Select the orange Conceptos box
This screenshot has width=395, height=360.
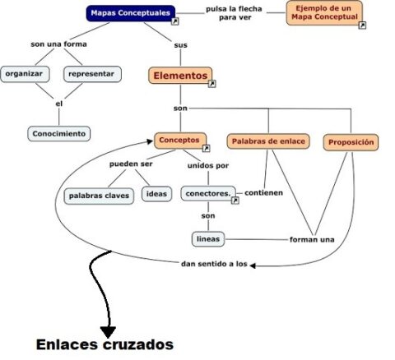click(179, 141)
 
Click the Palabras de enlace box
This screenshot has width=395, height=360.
click(267, 141)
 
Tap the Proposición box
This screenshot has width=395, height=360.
click(351, 142)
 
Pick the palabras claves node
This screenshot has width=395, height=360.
click(98, 196)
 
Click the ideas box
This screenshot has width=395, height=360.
click(156, 194)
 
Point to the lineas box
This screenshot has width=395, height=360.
click(207, 239)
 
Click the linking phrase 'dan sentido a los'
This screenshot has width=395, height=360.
click(213, 264)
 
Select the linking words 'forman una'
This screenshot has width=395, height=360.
click(312, 239)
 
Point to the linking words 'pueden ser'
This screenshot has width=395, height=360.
click(131, 164)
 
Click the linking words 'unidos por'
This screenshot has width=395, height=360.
click(208, 164)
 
